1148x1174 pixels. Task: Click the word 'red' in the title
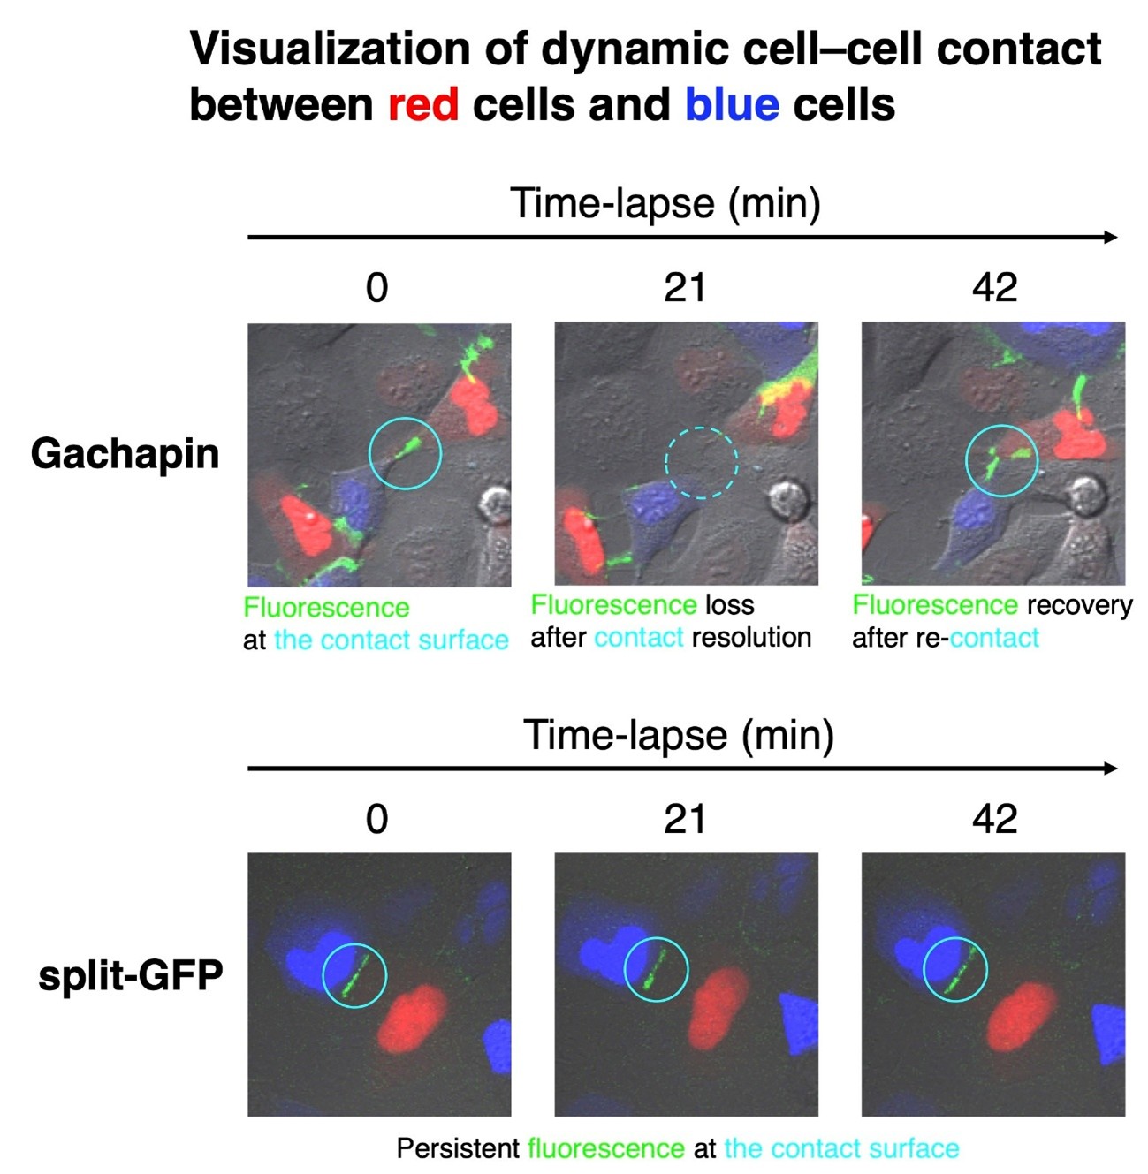pyautogui.click(x=423, y=104)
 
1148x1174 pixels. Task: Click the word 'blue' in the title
pyautogui.click(x=732, y=104)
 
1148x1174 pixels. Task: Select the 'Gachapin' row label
pyautogui.click(x=125, y=454)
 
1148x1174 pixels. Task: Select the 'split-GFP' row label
pyautogui.click(x=131, y=975)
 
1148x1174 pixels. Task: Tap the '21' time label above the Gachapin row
pyautogui.click(x=685, y=288)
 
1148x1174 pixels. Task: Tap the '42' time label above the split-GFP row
pyautogui.click(x=994, y=820)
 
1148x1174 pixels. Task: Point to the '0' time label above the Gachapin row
pyautogui.click(x=377, y=288)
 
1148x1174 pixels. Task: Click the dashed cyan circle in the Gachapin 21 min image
pyautogui.click(x=701, y=462)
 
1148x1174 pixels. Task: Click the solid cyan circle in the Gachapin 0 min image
pyautogui.click(x=405, y=452)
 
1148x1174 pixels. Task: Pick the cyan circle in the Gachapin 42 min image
pyautogui.click(x=1001, y=460)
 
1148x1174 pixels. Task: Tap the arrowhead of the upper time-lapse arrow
pyautogui.click(x=1112, y=237)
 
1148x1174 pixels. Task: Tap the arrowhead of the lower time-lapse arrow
pyautogui.click(x=1112, y=769)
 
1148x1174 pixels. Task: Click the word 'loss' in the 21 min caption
pyautogui.click(x=729, y=605)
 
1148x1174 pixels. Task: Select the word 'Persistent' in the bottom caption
pyautogui.click(x=457, y=1148)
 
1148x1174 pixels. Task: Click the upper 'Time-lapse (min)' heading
pyautogui.click(x=665, y=203)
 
